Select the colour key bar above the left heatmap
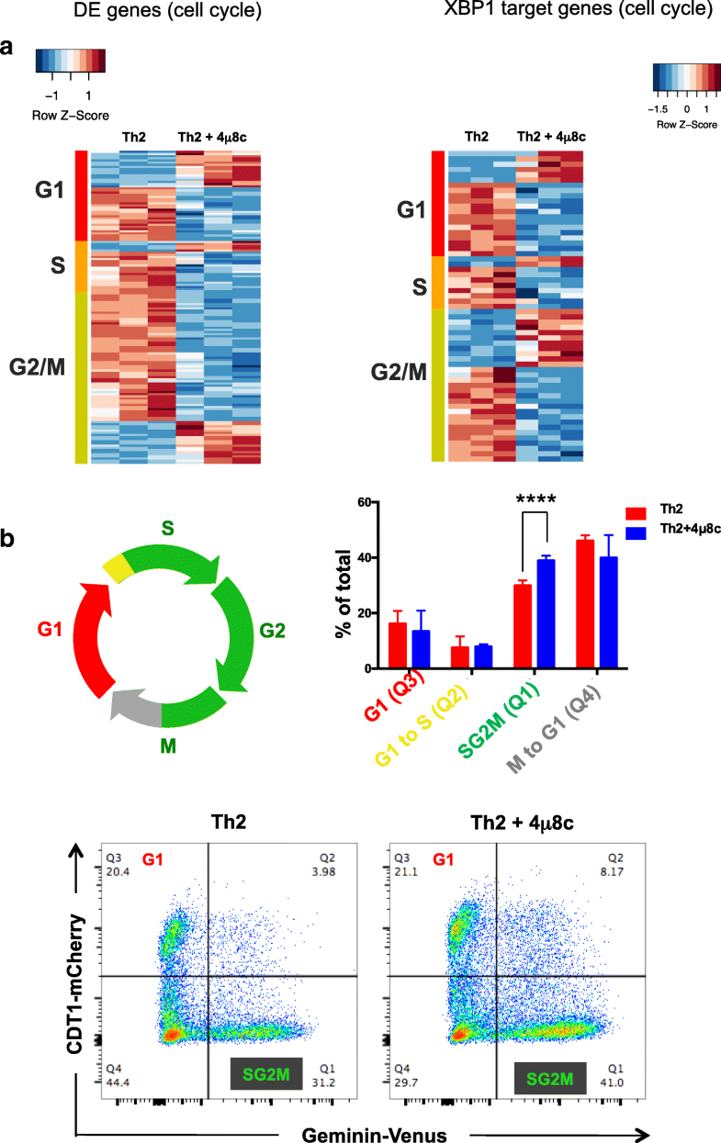[x=71, y=60]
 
